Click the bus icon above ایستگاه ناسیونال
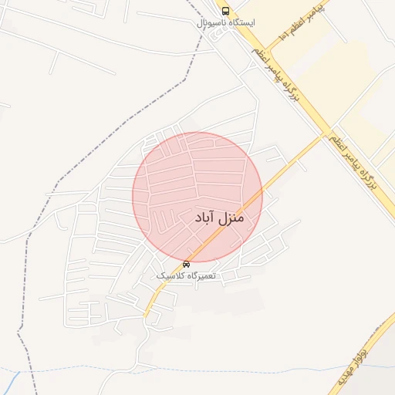pos(225,11)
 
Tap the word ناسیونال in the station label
pos(211,23)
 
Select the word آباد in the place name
pos(201,219)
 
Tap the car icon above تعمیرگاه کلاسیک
pos(186,265)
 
